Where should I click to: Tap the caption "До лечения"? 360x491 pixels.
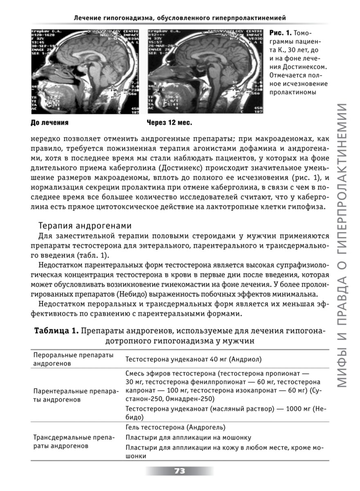point(49,122)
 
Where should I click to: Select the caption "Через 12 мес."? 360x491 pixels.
point(169,122)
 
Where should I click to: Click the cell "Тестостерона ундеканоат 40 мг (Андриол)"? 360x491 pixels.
point(193,359)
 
